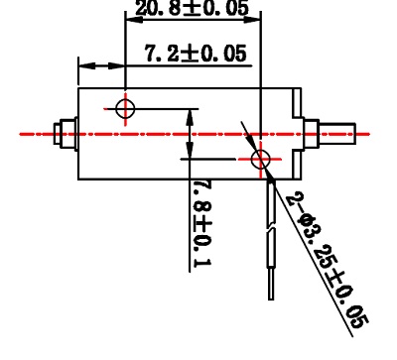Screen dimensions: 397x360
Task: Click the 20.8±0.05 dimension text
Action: (x=192, y=8)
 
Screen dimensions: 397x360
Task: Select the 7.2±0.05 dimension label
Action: (x=196, y=53)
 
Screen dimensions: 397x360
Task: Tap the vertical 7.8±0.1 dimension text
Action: (x=201, y=224)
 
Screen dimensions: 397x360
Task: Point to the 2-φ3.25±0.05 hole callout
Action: (x=327, y=260)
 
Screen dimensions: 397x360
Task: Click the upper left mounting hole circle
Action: (x=125, y=109)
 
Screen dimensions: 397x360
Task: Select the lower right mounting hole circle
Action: (x=261, y=159)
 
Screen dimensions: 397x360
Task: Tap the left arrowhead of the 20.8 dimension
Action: (x=134, y=20)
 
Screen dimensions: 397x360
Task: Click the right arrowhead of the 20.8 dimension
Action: (x=252, y=20)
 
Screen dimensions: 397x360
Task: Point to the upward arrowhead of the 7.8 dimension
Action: (x=190, y=117)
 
